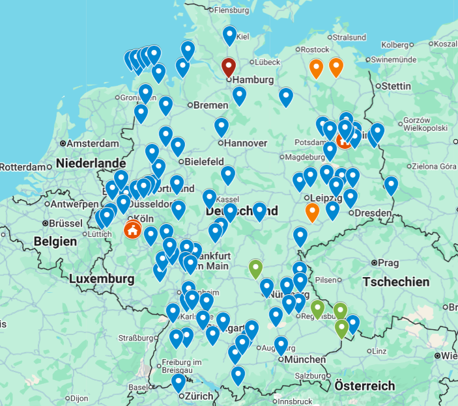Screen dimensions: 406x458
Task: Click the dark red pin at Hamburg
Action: (228, 66)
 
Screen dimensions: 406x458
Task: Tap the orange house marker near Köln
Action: (132, 230)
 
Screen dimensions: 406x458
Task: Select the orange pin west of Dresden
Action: (312, 211)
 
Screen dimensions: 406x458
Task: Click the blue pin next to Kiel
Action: (229, 35)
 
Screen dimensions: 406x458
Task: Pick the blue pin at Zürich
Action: (179, 383)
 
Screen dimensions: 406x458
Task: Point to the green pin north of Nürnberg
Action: (255, 267)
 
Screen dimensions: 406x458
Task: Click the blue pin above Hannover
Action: (222, 126)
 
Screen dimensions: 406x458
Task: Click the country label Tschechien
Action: (396, 282)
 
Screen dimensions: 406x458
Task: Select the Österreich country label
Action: (365, 386)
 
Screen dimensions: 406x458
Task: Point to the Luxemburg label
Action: (101, 279)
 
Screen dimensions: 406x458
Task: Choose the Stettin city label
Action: (396, 86)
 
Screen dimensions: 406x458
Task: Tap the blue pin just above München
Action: (281, 345)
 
